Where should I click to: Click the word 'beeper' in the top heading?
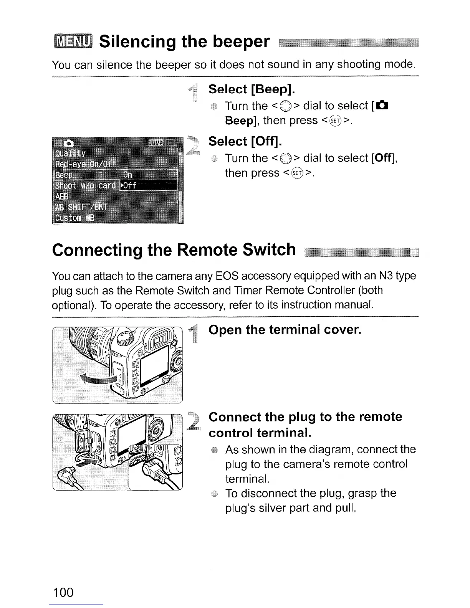pos(241,41)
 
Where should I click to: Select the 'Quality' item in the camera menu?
pos(70,154)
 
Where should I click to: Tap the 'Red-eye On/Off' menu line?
pos(85,164)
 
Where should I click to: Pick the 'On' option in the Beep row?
pos(127,175)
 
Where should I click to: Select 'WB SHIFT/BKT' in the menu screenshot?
pos(82,208)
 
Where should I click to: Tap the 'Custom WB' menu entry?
pos(74,218)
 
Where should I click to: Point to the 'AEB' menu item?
pos(62,197)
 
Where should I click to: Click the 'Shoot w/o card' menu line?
pos(86,186)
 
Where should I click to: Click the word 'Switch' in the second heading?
pos(269,250)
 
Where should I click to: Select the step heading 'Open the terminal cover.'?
pos(285,329)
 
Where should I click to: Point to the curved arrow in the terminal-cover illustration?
pos(98,381)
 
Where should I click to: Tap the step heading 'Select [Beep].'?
pos(252,89)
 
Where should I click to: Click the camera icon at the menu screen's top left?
pos(69,143)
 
